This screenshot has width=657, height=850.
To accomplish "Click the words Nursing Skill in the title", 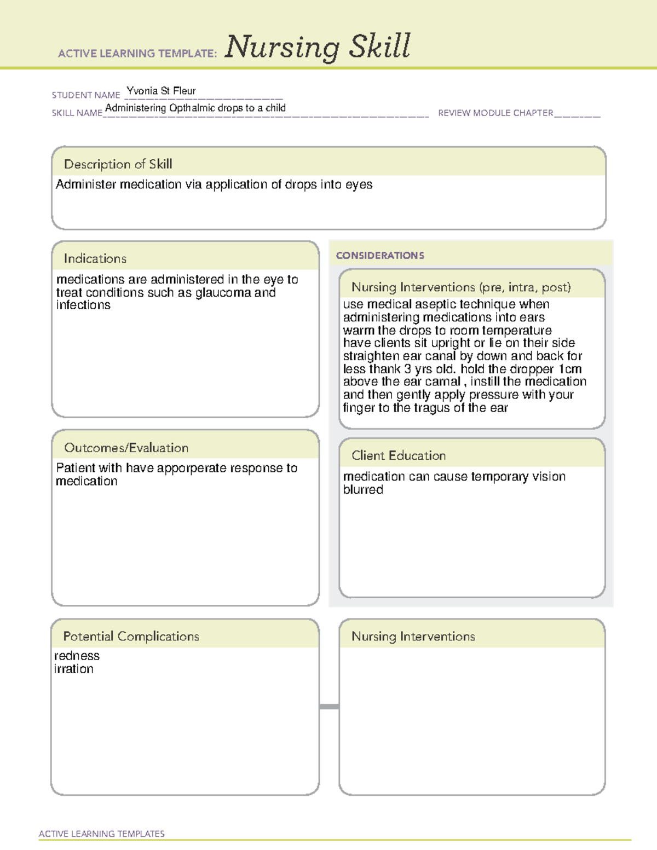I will tap(318, 47).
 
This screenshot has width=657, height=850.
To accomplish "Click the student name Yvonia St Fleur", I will tap(161, 91).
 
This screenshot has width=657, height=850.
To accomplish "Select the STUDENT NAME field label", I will tap(86, 95).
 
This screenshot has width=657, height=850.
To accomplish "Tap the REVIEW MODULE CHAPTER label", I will tap(495, 113).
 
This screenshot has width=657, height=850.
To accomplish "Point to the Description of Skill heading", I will tap(118, 164).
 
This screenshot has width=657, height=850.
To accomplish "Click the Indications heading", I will tap(95, 258).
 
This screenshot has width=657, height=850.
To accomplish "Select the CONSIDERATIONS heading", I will tap(380, 256).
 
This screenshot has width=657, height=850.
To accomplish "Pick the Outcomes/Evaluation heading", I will tap(126, 448).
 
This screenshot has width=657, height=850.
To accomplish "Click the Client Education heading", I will tap(399, 455).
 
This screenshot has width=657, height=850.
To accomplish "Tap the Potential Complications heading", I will tap(131, 636).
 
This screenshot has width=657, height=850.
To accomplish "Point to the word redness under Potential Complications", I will tap(77, 656).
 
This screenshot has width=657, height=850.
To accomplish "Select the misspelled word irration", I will tap(74, 669).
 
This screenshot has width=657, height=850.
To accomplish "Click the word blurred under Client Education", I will tap(363, 490).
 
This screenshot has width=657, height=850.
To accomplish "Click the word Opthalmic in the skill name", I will tap(192, 108).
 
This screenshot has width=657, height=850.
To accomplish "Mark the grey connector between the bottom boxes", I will tap(329, 707).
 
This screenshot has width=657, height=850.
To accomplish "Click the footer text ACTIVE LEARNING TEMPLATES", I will tap(102, 834).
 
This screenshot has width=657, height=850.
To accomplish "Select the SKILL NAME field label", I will tap(77, 113).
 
